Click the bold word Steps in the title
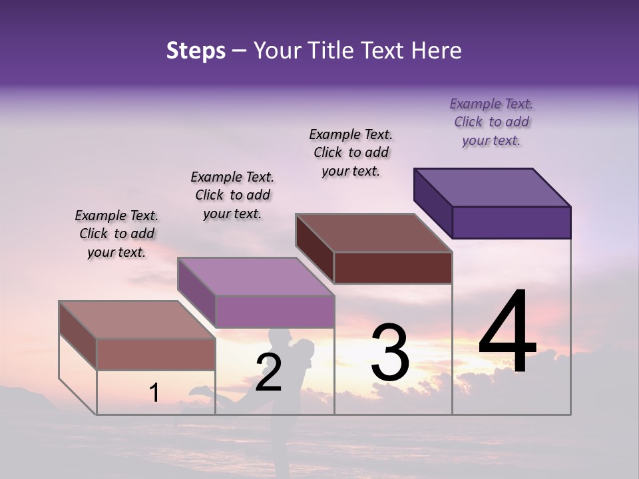pos(196,51)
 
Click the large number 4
pos(507,332)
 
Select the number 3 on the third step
pos(390,353)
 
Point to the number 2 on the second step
pos(268,373)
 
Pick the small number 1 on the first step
pos(154,393)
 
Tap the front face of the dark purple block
pos(511,222)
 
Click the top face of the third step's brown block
pos(373,233)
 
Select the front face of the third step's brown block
pos(393,268)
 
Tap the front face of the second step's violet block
pos(274,312)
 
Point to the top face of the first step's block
pos(137,320)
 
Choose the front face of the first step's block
pos(156,354)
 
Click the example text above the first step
pos(117,234)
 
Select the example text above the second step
pos(232,195)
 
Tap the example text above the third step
pos(351,152)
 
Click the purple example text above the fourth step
pos(491,122)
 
